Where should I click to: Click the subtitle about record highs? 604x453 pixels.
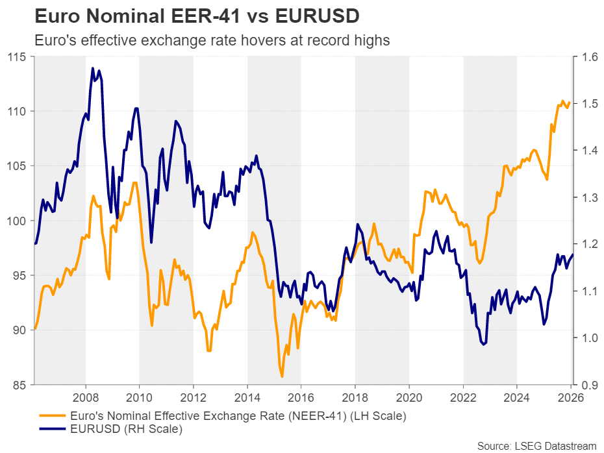coord(212,40)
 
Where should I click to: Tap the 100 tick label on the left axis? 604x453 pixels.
coord(18,221)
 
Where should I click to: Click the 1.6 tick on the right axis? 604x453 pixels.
coord(590,57)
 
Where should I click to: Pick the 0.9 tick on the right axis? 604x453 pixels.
coord(590,385)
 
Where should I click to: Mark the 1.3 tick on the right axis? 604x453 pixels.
coord(590,197)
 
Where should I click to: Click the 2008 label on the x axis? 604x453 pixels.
coord(86,397)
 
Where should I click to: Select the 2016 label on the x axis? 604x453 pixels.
coord(301,397)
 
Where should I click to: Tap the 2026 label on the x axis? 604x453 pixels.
coord(570,397)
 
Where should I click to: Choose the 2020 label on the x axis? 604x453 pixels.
coord(409,397)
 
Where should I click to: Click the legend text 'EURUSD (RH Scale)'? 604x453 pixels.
coord(127,428)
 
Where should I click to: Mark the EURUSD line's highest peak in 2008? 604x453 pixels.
coord(92,68)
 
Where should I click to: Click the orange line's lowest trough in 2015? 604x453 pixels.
coord(282,376)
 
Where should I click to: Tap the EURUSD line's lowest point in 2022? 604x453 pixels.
coord(484,345)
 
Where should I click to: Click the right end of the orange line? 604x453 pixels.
coord(570,101)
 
